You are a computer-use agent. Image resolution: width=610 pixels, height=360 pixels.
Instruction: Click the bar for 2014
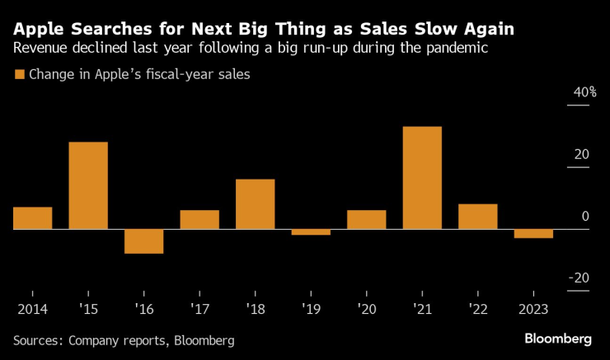click(x=33, y=217)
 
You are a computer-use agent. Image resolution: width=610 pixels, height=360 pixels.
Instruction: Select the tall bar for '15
click(x=88, y=185)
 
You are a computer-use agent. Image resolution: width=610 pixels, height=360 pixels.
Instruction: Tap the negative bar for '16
click(x=143, y=241)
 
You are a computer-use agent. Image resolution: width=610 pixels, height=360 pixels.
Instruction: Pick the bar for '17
click(x=199, y=219)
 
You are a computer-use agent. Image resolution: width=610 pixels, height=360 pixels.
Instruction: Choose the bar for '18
click(x=255, y=203)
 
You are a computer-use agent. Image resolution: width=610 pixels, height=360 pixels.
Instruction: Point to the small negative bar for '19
click(x=311, y=232)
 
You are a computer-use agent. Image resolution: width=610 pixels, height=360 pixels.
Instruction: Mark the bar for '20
click(x=366, y=219)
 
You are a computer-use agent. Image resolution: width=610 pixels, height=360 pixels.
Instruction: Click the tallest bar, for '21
click(x=422, y=177)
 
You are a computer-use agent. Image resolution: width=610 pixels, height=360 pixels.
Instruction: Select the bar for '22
click(x=477, y=216)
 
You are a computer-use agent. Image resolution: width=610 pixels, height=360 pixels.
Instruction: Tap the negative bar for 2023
click(x=533, y=233)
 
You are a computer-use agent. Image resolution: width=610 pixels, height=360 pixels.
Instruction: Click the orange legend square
click(x=19, y=74)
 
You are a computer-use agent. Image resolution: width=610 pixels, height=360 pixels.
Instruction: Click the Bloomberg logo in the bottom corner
click(x=558, y=339)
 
